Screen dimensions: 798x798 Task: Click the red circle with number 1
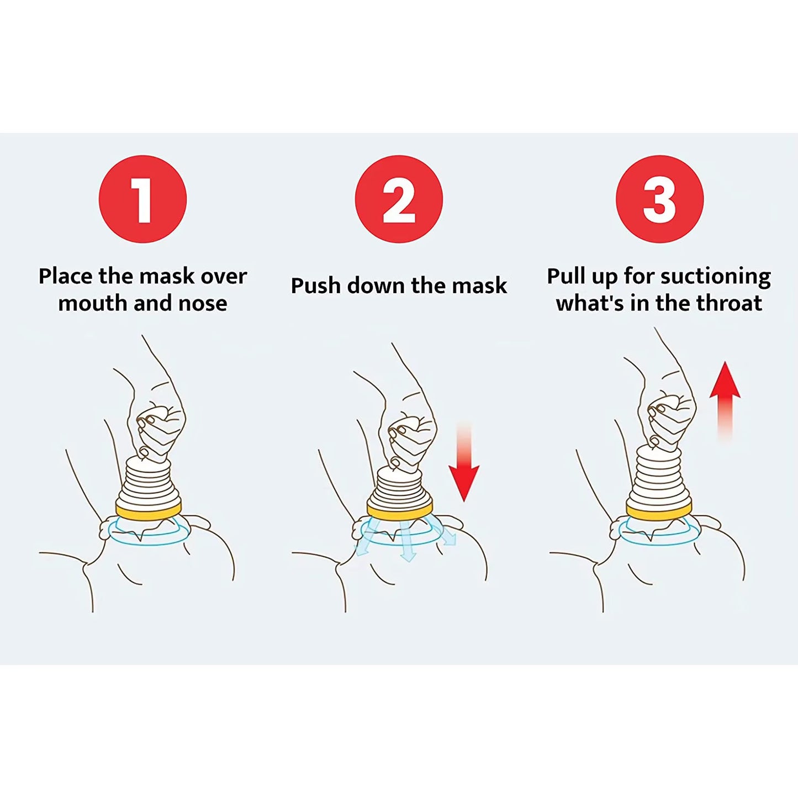pyautogui.click(x=142, y=199)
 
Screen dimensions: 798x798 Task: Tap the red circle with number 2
pyautogui.click(x=399, y=199)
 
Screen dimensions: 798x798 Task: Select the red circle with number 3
pyautogui.click(x=659, y=199)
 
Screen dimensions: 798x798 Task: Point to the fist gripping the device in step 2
pyautogui.click(x=411, y=436)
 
